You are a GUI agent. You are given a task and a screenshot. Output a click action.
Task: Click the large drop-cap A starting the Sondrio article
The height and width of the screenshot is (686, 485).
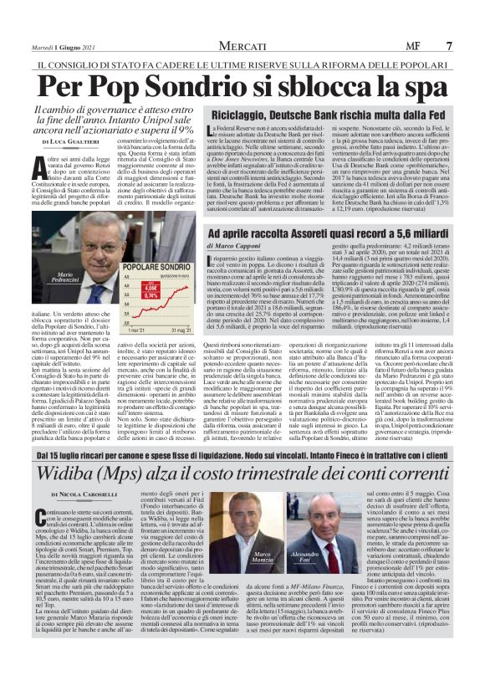click(x=38, y=165)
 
